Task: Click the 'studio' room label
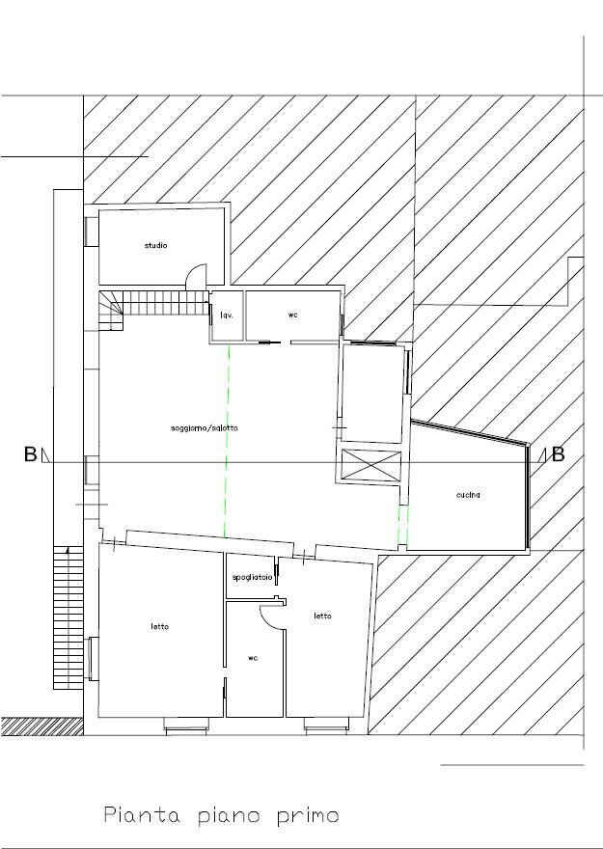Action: tap(155, 245)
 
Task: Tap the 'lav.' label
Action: tap(227, 315)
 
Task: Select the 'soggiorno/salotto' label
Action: tap(205, 427)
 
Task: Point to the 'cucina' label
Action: tap(468, 494)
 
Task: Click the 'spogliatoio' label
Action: tap(252, 578)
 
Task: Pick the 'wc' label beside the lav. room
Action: tap(293, 315)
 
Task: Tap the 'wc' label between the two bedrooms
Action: tap(253, 658)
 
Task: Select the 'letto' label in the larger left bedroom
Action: tap(160, 626)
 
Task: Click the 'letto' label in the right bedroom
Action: tap(322, 616)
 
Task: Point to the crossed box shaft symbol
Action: tap(371, 465)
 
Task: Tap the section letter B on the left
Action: tap(30, 454)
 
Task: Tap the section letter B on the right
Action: tap(558, 454)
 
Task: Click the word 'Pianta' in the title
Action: tap(142, 815)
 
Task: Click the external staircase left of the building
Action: tap(69, 617)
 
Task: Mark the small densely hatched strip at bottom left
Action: tap(42, 726)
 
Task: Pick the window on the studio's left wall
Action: tap(92, 232)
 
